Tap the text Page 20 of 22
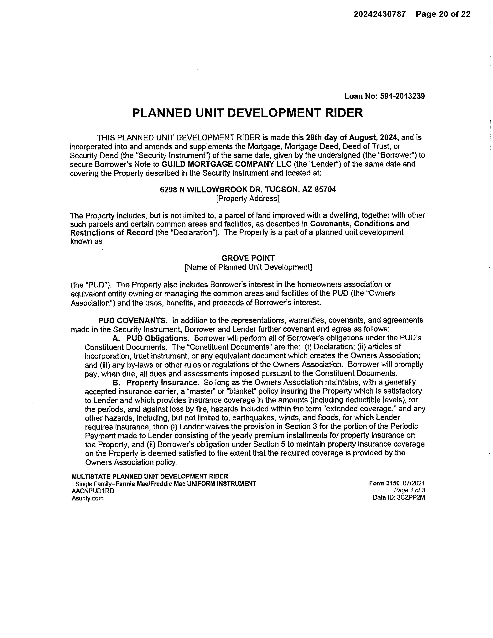(443, 14)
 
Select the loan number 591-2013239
(402, 96)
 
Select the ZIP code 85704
(325, 190)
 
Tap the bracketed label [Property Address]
(248, 199)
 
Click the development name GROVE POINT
(248, 258)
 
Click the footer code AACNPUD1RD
(93, 491)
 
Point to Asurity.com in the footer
(88, 498)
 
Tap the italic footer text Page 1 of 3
(409, 490)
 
